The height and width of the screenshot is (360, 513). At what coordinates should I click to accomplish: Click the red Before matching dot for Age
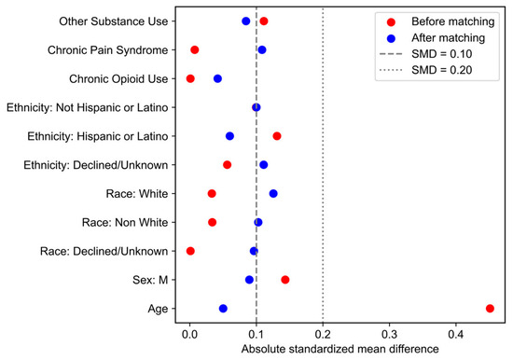coord(490,309)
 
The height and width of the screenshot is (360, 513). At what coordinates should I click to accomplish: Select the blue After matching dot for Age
coord(223,309)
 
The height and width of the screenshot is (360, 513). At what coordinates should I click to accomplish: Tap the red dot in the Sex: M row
coord(285,280)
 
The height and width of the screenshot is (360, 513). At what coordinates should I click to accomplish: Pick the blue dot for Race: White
coord(273,193)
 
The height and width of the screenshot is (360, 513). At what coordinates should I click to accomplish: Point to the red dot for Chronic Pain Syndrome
coord(195,49)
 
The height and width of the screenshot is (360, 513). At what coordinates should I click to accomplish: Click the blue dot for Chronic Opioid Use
coord(217,78)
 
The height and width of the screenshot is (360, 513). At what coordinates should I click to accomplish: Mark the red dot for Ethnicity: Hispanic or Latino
coord(277,136)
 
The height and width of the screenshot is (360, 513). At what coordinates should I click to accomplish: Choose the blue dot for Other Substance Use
coord(245,21)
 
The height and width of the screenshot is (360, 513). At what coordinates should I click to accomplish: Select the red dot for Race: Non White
coord(212,222)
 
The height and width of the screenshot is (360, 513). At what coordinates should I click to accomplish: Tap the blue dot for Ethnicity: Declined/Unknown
coord(263,165)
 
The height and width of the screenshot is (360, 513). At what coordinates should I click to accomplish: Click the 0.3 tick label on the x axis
coord(389,334)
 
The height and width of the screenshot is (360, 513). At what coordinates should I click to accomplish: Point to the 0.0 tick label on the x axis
coord(189,334)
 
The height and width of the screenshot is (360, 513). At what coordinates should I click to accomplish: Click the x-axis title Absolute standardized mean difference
coord(340,349)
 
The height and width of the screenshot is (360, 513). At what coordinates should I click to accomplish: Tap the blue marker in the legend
coord(391,38)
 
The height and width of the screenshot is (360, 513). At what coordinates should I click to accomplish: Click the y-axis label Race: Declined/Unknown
coord(104,251)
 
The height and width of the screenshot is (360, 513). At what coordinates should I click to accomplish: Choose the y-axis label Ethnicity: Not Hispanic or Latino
coord(88,107)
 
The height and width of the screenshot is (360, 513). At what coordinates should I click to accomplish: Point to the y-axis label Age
coord(158,309)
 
